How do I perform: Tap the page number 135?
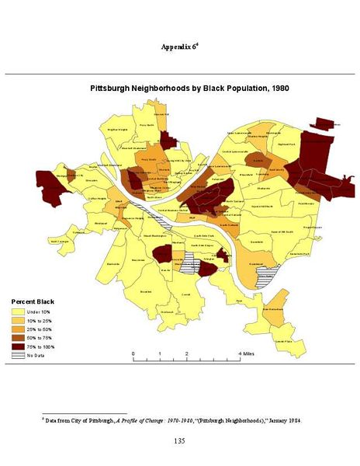[180, 441]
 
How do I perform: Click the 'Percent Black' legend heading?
[32, 301]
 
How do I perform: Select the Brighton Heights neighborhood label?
[117, 130]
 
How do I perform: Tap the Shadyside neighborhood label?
[262, 187]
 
